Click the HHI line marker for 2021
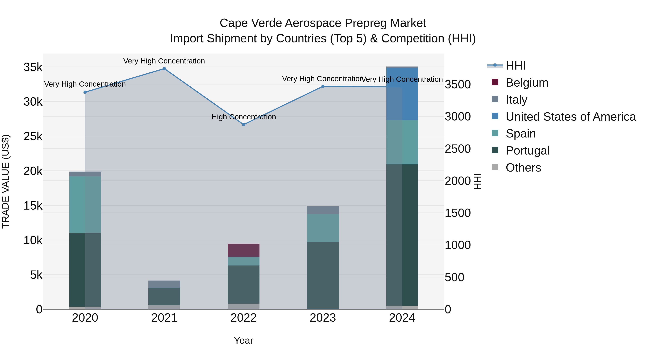tap(164, 69)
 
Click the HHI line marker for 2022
tap(244, 125)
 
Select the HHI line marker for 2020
tap(85, 92)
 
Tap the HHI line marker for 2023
tap(323, 86)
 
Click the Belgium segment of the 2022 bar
tap(244, 250)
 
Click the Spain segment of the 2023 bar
tap(323, 228)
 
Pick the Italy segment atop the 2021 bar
tap(164, 284)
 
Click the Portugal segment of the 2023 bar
tap(323, 276)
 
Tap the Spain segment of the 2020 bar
tap(85, 204)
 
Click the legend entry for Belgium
tap(527, 83)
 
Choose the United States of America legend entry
tap(570, 117)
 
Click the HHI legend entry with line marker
tap(515, 66)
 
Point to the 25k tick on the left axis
tap(33, 137)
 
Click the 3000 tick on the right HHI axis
tap(458, 117)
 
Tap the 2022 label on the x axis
tap(244, 318)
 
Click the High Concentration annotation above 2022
tap(244, 117)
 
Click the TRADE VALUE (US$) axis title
tap(6, 181)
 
